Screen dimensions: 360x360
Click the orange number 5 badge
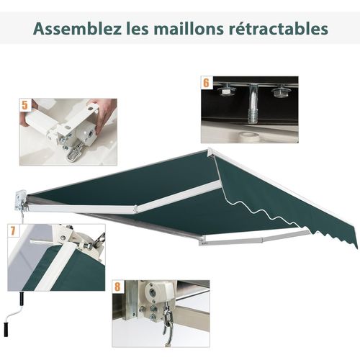point(25,106)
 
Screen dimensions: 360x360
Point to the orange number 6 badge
point(207,84)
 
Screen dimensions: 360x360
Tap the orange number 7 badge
point(13,232)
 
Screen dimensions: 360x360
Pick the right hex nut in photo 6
point(278,92)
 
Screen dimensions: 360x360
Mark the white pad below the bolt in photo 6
point(249,133)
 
